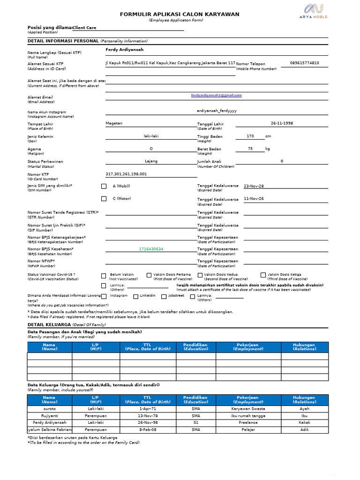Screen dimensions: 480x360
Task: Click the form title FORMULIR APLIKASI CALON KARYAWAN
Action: (x=180, y=14)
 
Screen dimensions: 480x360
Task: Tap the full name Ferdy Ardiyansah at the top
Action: (x=125, y=50)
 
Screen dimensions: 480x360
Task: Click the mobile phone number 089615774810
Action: (x=305, y=63)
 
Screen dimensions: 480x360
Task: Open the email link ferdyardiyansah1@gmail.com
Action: (x=217, y=95)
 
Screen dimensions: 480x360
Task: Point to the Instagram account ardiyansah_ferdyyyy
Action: (x=217, y=111)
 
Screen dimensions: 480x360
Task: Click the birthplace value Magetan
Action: (x=114, y=123)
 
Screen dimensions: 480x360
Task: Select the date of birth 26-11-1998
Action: (x=282, y=123)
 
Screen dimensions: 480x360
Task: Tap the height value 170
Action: (x=250, y=136)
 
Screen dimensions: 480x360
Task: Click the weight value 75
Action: (x=250, y=149)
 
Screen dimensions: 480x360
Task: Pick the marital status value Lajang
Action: (x=151, y=161)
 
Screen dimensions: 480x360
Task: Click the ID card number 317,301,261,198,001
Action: (x=126, y=174)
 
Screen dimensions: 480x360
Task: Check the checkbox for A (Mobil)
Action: (x=104, y=186)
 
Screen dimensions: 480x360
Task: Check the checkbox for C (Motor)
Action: (x=104, y=199)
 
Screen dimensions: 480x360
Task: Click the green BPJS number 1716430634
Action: (x=151, y=249)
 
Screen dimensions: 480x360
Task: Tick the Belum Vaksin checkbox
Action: (x=104, y=275)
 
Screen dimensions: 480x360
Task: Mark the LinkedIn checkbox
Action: (x=136, y=296)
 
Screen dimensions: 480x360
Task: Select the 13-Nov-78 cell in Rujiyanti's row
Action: (x=148, y=416)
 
